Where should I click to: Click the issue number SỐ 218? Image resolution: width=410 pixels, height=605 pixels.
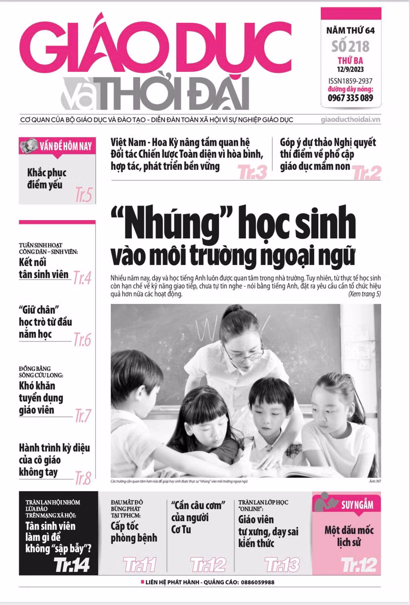pyautogui.click(x=350, y=46)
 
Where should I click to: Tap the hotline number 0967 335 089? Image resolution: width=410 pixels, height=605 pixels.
pyautogui.click(x=350, y=97)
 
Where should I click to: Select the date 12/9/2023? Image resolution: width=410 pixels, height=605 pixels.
pyautogui.click(x=350, y=70)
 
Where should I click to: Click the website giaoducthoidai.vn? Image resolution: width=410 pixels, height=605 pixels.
pyautogui.click(x=350, y=120)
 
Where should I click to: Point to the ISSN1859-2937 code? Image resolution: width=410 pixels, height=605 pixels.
pyautogui.click(x=350, y=81)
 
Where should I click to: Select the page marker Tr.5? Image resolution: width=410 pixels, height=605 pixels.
pyautogui.click(x=83, y=195)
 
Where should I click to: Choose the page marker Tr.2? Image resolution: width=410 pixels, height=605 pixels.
pyautogui.click(x=366, y=173)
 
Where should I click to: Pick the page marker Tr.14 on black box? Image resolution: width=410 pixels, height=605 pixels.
pyautogui.click(x=72, y=565)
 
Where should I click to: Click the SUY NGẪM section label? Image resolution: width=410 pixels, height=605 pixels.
pyautogui.click(x=357, y=504)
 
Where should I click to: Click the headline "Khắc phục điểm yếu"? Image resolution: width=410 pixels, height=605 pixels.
pyautogui.click(x=46, y=179)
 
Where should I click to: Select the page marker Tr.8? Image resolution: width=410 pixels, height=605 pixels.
pyautogui.click(x=83, y=478)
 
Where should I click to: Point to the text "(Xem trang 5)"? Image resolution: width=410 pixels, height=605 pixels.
pyautogui.click(x=364, y=294)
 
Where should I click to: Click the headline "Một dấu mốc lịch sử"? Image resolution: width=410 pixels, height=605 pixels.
pyautogui.click(x=349, y=536)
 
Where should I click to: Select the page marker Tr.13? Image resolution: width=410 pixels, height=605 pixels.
pyautogui.click(x=282, y=565)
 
